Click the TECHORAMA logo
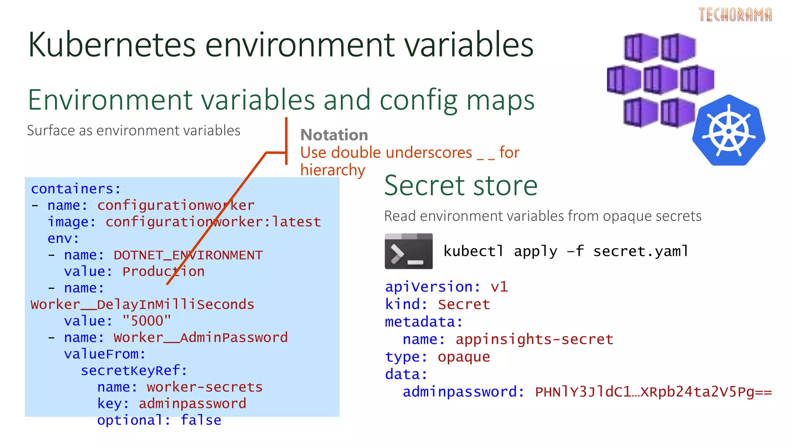click(x=735, y=15)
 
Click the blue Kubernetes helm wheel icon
click(x=729, y=130)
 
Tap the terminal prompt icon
click(x=409, y=251)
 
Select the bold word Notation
click(x=334, y=135)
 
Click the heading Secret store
click(x=461, y=185)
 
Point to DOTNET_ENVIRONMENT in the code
click(x=188, y=255)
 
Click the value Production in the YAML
click(x=163, y=271)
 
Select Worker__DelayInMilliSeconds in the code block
click(x=142, y=305)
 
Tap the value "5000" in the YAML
click(x=146, y=321)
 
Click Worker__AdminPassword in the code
click(x=201, y=338)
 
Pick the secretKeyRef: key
click(x=134, y=371)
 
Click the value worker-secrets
click(x=204, y=387)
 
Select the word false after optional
click(x=201, y=420)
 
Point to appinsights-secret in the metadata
click(x=534, y=340)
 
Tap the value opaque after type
click(x=464, y=357)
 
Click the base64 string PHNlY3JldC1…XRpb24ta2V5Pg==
click(x=653, y=392)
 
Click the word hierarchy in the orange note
click(x=333, y=170)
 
